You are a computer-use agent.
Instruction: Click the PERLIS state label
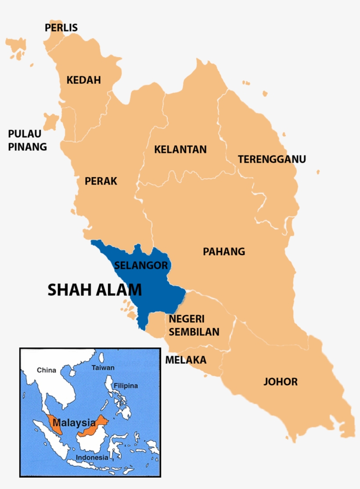point(61,28)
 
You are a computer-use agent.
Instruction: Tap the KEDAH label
point(83,80)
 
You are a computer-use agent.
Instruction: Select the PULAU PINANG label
point(27,140)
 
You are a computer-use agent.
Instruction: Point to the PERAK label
point(101,181)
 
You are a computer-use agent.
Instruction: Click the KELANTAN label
point(180,149)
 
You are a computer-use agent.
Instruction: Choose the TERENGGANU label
point(272,159)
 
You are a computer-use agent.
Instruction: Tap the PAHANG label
point(223,252)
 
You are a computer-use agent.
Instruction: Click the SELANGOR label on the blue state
point(140,265)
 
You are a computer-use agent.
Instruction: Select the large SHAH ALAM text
point(94,290)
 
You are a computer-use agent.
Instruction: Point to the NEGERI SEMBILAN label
point(194,325)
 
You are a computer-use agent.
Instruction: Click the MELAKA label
point(185,360)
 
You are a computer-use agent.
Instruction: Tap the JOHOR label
point(280,381)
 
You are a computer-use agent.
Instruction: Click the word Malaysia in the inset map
point(68,423)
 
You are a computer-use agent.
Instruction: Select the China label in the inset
point(46,370)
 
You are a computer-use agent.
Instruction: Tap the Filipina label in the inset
point(126,386)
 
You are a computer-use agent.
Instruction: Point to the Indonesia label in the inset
point(92,457)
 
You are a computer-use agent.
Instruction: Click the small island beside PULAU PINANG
point(51,120)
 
